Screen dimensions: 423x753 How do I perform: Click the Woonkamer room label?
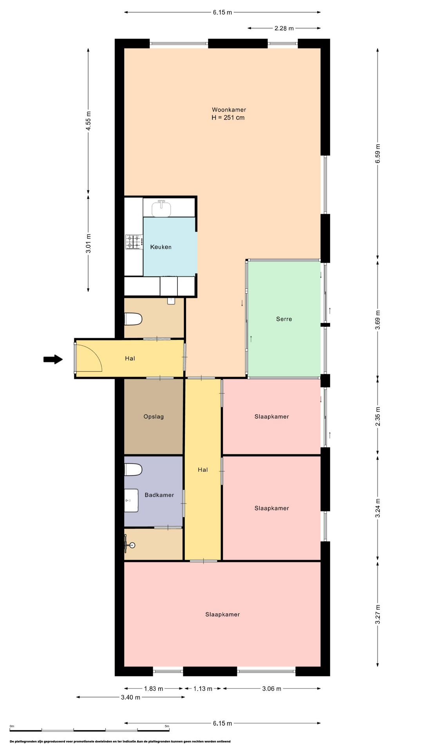pos(229,110)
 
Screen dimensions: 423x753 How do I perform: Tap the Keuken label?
pos(161,247)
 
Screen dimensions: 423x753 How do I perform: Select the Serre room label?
pos(284,319)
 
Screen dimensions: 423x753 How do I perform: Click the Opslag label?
pos(154,417)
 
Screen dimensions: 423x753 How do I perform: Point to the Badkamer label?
pos(159,495)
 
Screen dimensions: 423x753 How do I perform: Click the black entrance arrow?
pos(53,359)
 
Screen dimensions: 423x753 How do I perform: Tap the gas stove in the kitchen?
pos(134,242)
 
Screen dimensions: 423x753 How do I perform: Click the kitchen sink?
pos(161,208)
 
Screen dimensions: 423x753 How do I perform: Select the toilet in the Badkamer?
pos(133,469)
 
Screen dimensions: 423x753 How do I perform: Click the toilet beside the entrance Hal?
pos(133,319)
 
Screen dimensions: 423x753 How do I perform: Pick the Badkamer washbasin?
pos(131,500)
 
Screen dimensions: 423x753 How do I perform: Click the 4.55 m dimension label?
pos(89,121)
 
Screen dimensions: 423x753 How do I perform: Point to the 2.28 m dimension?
pos(284,28)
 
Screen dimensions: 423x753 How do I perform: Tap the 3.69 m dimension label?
pos(378,320)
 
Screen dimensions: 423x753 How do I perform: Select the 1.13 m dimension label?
pos(203,689)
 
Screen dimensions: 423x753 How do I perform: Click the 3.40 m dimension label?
pos(131,697)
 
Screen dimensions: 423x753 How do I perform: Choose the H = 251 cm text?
pos(228,118)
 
